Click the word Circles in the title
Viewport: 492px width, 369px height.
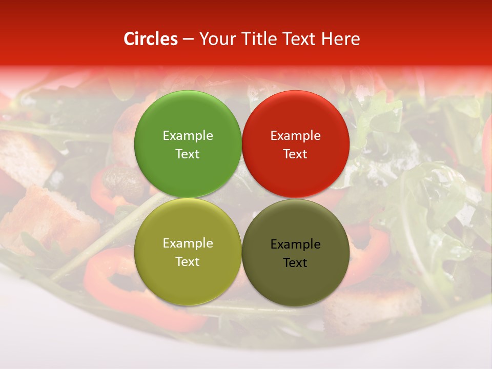(x=151, y=39)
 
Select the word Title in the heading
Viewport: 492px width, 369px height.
(x=259, y=39)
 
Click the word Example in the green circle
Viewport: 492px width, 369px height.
(x=188, y=135)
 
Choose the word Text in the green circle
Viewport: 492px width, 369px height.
(x=188, y=154)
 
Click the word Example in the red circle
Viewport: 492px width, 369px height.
(x=296, y=135)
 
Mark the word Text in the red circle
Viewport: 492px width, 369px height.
(x=296, y=154)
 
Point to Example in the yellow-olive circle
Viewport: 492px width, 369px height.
(x=188, y=243)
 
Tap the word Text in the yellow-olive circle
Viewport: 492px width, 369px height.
(x=188, y=261)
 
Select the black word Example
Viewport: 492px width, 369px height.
(x=296, y=244)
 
